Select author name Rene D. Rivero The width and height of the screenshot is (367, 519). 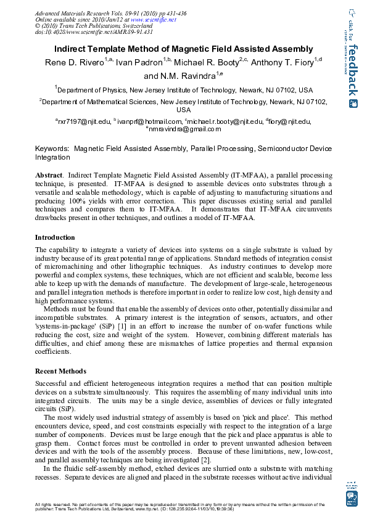(x=74, y=62)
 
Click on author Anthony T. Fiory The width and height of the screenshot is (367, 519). (x=284, y=62)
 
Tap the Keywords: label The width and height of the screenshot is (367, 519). (x=51, y=149)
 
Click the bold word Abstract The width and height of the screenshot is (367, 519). (x=49, y=176)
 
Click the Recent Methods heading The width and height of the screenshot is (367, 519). (x=60, y=371)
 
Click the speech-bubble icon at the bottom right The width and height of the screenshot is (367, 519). (x=352, y=497)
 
